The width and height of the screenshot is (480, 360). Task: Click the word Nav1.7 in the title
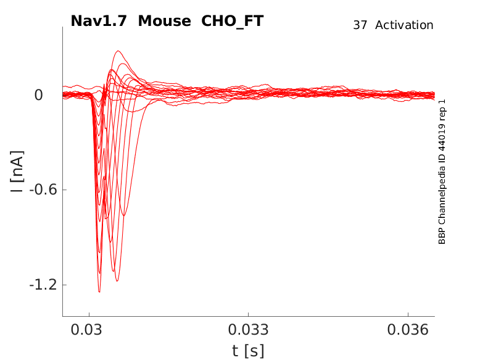tap(99, 21)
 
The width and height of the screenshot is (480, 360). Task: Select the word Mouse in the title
tap(165, 21)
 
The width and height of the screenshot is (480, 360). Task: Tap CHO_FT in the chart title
tap(233, 21)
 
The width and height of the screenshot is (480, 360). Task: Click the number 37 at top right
tap(360, 25)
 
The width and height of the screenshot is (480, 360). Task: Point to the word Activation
tap(404, 25)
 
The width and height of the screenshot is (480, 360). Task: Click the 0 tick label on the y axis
tap(38, 95)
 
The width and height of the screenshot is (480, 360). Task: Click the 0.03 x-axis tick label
tap(89, 330)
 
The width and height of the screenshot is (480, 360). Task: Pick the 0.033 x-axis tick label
tap(248, 330)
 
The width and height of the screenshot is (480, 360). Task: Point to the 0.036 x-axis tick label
tap(407, 330)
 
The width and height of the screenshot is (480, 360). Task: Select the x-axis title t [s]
tap(248, 351)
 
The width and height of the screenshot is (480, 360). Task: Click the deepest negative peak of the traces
tap(99, 291)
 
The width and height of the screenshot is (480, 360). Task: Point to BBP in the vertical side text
tap(442, 237)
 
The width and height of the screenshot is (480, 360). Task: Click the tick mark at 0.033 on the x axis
tap(248, 314)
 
